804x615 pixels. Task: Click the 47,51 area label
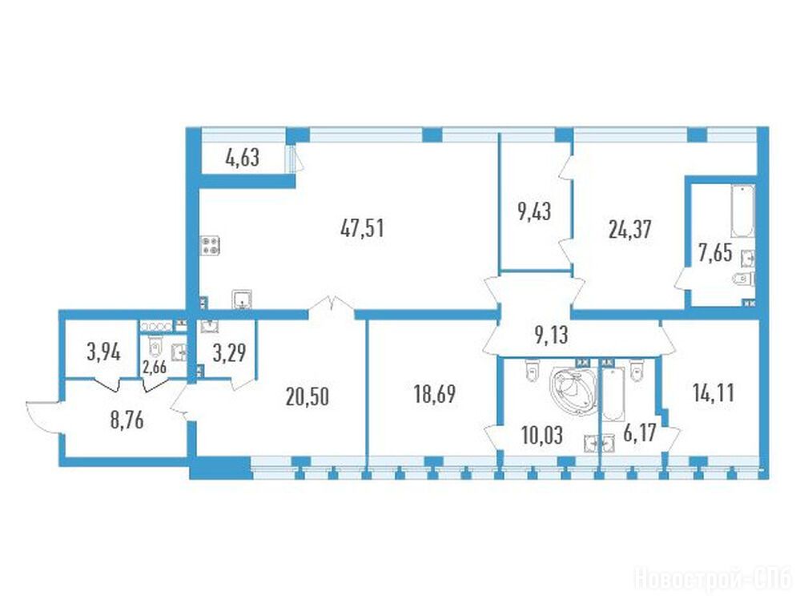click(x=362, y=228)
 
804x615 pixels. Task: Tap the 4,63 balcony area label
click(x=243, y=158)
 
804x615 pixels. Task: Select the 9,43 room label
click(x=534, y=212)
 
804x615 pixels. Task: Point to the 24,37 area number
click(x=629, y=229)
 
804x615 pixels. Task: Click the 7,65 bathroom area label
click(x=715, y=253)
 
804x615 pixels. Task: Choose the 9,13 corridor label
click(x=551, y=336)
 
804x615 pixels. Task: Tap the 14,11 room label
click(x=714, y=393)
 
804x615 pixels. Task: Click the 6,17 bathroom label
click(x=639, y=436)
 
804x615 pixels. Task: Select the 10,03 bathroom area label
click(x=541, y=436)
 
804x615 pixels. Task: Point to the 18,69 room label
click(x=434, y=395)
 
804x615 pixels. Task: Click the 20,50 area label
click(x=308, y=397)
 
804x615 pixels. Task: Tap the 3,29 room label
click(x=230, y=353)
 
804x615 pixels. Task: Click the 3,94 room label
click(x=104, y=353)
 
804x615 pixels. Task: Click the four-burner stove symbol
click(x=211, y=245)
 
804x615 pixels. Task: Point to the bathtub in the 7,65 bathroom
click(x=742, y=211)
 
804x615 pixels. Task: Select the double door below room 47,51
click(x=331, y=304)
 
